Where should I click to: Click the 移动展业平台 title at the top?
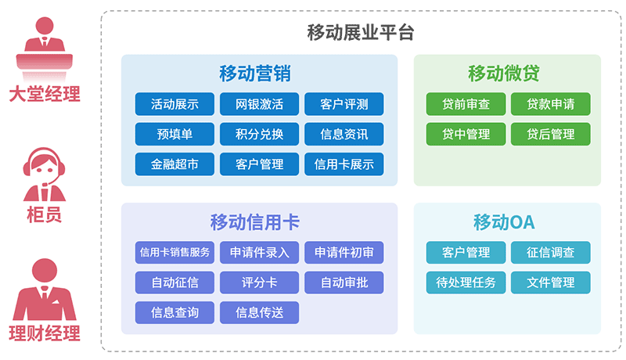pyautogui.click(x=361, y=32)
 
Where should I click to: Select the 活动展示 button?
pyautogui.click(x=174, y=104)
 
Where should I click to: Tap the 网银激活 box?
pyautogui.click(x=259, y=104)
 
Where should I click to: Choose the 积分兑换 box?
pyautogui.click(x=259, y=134)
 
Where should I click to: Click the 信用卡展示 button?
pyautogui.click(x=344, y=164)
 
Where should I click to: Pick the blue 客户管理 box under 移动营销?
pyautogui.click(x=259, y=164)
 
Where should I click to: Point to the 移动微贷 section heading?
pyautogui.click(x=503, y=74)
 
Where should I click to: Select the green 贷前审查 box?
pyautogui.click(x=466, y=104)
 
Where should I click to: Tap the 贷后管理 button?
pyautogui.click(x=551, y=134)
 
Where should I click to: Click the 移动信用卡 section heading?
pyautogui.click(x=255, y=222)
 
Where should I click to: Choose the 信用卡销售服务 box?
pyautogui.click(x=174, y=252)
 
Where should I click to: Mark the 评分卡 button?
pyautogui.click(x=259, y=283)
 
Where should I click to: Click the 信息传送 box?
pyautogui.click(x=259, y=312)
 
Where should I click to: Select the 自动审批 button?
pyautogui.click(x=344, y=283)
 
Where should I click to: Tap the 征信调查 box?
pyautogui.click(x=551, y=252)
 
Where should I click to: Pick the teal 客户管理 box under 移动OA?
pyautogui.click(x=466, y=252)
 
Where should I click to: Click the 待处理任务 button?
pyautogui.click(x=466, y=283)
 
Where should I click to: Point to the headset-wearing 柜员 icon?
pyautogui.click(x=45, y=175)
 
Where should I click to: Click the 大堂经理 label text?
pyautogui.click(x=45, y=94)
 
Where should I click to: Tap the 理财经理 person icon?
pyautogui.click(x=45, y=289)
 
